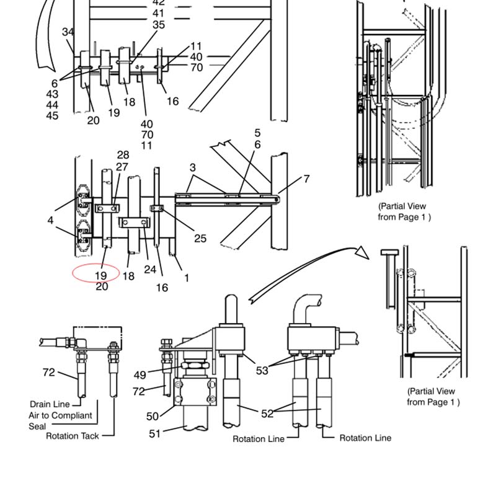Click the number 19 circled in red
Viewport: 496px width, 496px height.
101,275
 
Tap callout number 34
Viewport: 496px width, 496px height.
68,32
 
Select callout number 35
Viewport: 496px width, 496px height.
159,25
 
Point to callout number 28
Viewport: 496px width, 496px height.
123,154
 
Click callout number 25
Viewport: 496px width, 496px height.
200,238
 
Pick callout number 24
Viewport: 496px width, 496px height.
150,270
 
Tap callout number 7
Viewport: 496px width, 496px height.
306,179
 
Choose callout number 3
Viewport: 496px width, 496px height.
193,167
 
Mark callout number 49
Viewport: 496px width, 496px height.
140,375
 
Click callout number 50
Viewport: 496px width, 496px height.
153,416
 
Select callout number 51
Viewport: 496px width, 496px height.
154,433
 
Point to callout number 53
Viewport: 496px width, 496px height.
262,370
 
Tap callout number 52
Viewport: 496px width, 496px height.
267,414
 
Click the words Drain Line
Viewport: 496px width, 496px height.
50,404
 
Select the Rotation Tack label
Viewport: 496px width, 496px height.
73,436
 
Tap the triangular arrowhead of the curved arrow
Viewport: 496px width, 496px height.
362,253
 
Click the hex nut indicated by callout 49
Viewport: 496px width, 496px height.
195,365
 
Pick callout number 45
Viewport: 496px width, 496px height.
52,115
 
